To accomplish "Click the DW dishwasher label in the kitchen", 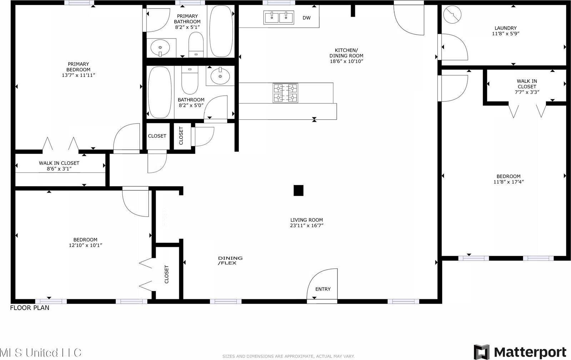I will click(x=306, y=18).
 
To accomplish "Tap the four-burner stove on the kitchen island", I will click(x=285, y=93).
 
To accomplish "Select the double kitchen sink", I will click(x=279, y=17).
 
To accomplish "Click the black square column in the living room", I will click(x=299, y=190).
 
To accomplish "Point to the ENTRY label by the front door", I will click(x=323, y=289).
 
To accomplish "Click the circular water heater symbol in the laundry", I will click(x=452, y=15).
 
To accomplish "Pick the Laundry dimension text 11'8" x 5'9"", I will click(x=505, y=34).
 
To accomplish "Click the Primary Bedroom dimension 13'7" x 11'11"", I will click(x=78, y=75).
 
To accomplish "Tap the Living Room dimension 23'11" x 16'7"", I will click(x=306, y=225).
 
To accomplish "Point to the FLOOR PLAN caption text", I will click(x=30, y=307).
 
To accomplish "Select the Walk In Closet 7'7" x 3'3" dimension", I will click(x=527, y=92).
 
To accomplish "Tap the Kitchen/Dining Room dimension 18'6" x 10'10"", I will click(x=346, y=61).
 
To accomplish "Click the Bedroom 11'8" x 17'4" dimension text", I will click(x=508, y=182).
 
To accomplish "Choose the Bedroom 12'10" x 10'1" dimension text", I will click(x=85, y=245).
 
